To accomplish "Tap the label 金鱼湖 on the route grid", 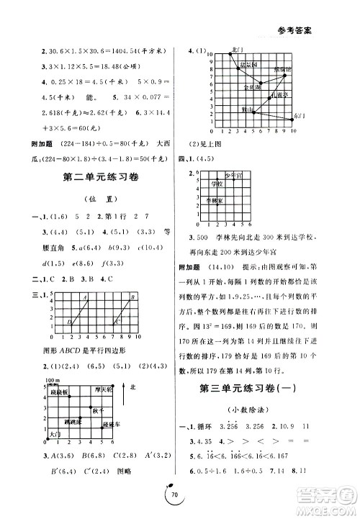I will pos(251,87).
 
